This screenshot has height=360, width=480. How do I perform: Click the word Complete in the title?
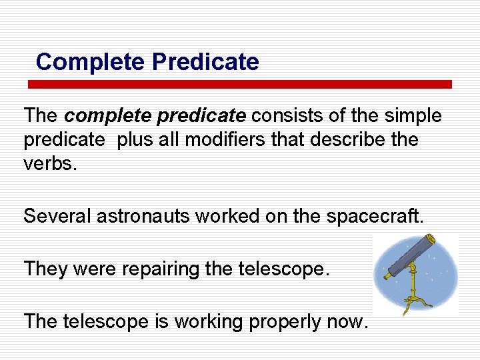coord(91,62)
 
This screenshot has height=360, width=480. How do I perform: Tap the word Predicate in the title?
coord(205,62)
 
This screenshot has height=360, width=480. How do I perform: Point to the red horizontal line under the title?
coord(239,85)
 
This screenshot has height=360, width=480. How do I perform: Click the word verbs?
coord(51,164)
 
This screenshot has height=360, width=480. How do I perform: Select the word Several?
coord(57,216)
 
